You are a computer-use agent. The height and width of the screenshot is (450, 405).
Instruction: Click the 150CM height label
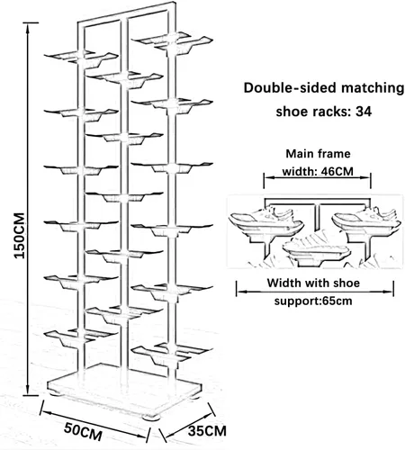pyautogui.click(x=20, y=235)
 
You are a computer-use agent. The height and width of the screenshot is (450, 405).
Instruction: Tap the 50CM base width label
pyautogui.click(x=83, y=431)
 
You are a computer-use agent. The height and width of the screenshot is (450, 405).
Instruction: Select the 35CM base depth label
pyautogui.click(x=207, y=431)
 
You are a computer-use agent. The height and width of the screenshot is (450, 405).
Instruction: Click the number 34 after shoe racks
pyautogui.click(x=364, y=112)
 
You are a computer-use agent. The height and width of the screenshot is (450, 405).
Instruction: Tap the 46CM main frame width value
pyautogui.click(x=337, y=172)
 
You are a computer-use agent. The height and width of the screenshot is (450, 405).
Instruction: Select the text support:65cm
pyautogui.click(x=313, y=301)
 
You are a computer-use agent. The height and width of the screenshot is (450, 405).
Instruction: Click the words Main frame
pyautogui.click(x=318, y=154)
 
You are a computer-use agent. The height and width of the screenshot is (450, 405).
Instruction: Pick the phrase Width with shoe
pyautogui.click(x=313, y=283)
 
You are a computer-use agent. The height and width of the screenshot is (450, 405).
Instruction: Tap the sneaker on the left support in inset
pyautogui.click(x=265, y=220)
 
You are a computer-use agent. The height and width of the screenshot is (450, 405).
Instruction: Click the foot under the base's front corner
pyautogui.click(x=151, y=418)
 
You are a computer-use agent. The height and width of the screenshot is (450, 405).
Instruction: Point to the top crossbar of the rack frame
pyautogui.click(x=126, y=13)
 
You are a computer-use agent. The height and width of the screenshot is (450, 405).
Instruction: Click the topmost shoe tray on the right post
pyautogui.click(x=172, y=41)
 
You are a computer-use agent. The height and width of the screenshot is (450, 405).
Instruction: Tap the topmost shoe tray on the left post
pyautogui.click(x=81, y=58)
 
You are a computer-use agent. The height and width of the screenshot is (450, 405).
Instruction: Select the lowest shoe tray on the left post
pyautogui.click(x=80, y=337)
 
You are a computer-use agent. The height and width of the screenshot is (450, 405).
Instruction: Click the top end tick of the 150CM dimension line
pyautogui.click(x=29, y=22)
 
